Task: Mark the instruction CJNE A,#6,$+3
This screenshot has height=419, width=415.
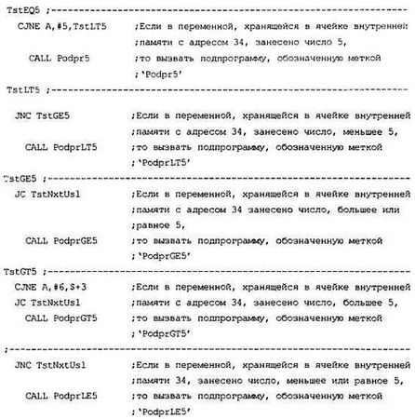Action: (x=53, y=286)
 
